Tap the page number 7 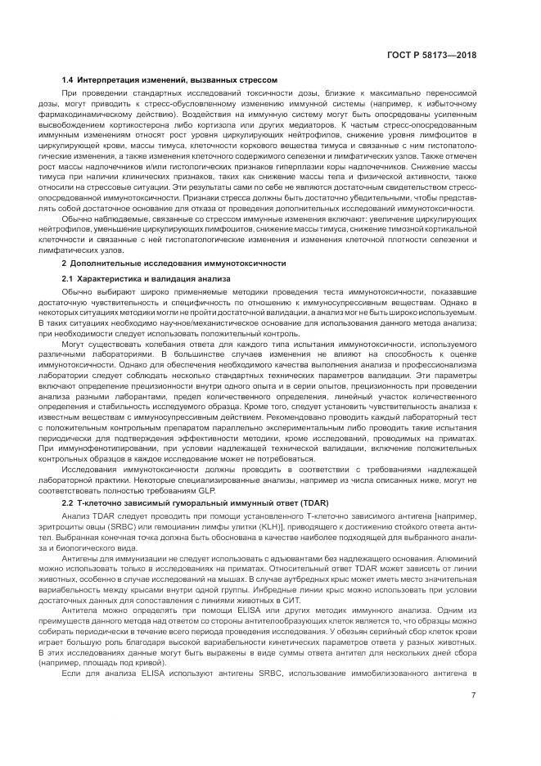(473, 696)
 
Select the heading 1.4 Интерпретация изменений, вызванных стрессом (170, 80)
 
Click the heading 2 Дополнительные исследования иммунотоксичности (174, 264)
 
